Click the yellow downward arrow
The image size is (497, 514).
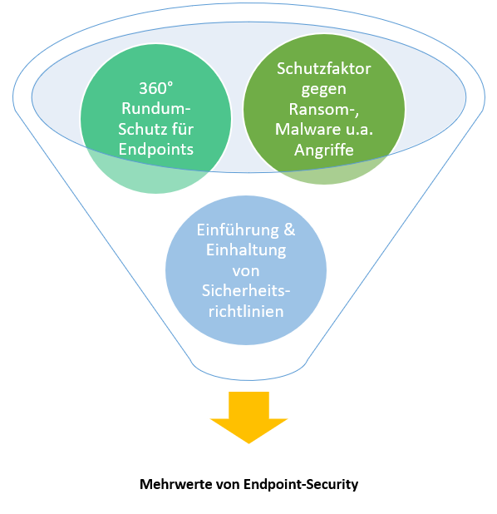(x=248, y=417)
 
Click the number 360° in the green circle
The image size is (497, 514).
(x=155, y=88)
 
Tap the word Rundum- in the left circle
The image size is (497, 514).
(x=156, y=108)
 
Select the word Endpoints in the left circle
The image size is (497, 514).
(x=156, y=150)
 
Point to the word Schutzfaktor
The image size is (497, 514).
(x=323, y=68)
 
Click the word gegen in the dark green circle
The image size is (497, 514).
(x=323, y=90)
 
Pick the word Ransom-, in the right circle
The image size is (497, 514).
(x=323, y=109)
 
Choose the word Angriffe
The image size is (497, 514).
(x=323, y=151)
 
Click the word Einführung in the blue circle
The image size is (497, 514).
(x=238, y=230)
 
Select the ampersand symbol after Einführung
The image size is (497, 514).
(x=289, y=230)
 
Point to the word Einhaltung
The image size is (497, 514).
(x=246, y=250)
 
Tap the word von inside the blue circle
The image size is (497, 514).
(x=246, y=271)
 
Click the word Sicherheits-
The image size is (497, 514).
(x=246, y=290)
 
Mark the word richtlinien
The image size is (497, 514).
(x=246, y=311)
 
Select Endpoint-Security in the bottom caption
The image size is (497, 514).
(x=301, y=485)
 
